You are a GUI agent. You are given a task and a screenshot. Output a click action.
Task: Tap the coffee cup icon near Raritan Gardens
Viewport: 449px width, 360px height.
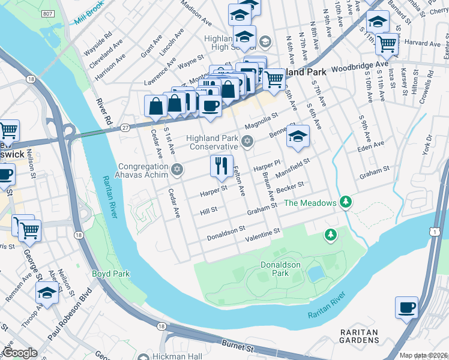[406, 308]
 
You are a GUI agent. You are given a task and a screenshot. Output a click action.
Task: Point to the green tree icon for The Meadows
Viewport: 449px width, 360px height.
[345, 203]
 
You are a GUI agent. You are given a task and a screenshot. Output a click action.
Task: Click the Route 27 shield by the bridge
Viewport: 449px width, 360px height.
[125, 128]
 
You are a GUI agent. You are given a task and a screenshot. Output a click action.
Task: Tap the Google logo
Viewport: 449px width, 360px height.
[20, 353]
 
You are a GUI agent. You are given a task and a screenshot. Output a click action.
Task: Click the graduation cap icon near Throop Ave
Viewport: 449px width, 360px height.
[47, 294]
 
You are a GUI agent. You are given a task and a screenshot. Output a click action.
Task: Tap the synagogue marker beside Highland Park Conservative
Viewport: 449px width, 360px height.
[247, 142]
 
